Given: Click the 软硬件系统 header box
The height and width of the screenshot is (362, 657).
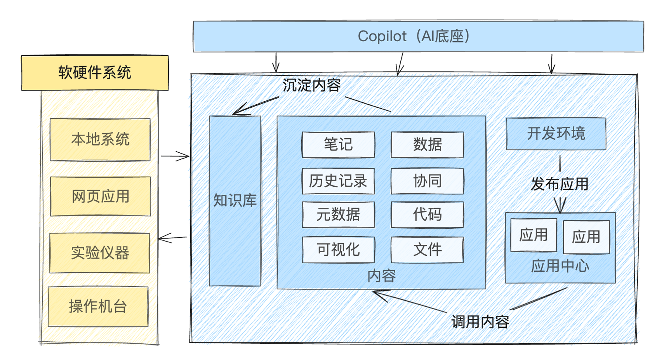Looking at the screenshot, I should tap(95, 72).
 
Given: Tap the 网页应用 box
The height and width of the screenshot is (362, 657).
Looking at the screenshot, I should tap(100, 196).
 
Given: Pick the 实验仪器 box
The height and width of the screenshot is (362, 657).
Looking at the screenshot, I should tap(100, 253).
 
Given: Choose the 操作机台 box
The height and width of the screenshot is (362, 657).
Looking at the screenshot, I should tap(98, 306).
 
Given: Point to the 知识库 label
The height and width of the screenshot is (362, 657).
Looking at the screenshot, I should tap(235, 200).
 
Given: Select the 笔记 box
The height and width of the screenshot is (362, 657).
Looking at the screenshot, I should tap(338, 145).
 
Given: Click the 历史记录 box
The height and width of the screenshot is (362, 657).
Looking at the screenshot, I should tap(338, 181).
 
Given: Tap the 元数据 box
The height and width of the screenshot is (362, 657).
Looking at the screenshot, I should tap(338, 215).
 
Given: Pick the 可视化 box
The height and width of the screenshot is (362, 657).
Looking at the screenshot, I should tap(338, 250).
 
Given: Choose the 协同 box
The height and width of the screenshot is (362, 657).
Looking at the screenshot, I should tap(427, 181).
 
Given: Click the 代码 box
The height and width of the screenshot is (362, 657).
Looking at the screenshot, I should tap(427, 215).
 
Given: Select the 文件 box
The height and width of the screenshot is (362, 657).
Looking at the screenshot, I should tap(427, 250).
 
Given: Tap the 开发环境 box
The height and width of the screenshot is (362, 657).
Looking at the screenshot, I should tap(556, 134).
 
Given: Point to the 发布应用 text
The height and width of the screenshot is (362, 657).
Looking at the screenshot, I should tap(560, 184).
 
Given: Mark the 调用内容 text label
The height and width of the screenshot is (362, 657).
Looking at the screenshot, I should tap(480, 322).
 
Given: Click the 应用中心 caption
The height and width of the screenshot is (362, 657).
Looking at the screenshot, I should tap(560, 266).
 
